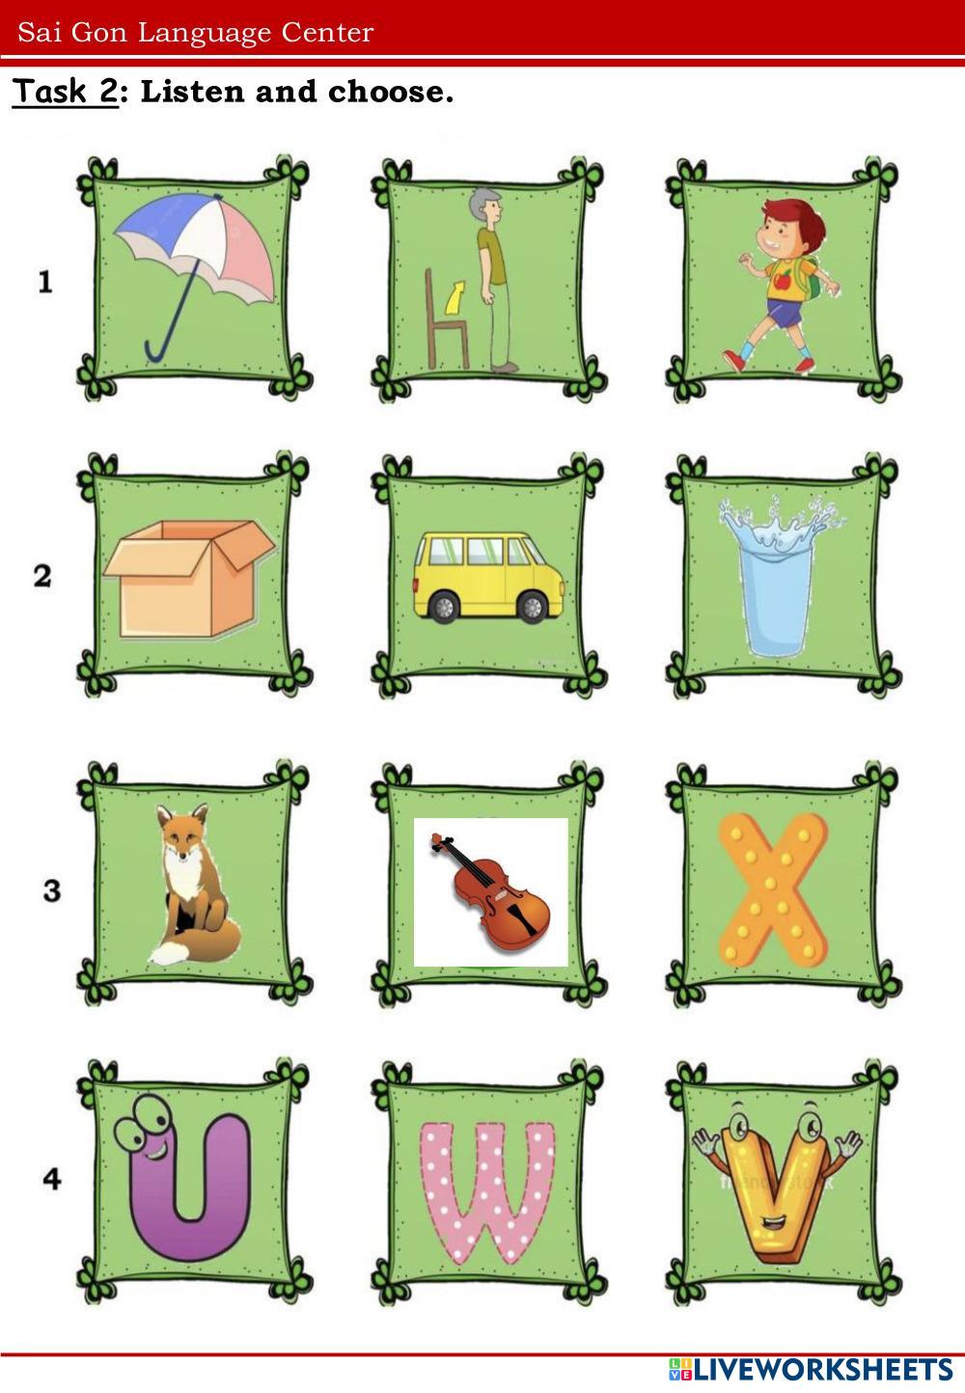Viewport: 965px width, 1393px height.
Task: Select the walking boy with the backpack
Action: [x=786, y=286]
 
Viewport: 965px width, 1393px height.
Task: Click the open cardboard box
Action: [x=188, y=579]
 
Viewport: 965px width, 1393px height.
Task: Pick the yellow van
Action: [x=488, y=575]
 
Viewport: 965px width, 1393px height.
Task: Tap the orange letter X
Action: [x=773, y=890]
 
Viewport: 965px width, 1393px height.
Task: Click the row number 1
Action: [x=44, y=283]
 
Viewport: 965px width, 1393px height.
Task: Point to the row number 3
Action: [x=52, y=889]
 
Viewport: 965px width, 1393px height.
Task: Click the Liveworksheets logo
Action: [x=811, y=1370]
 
